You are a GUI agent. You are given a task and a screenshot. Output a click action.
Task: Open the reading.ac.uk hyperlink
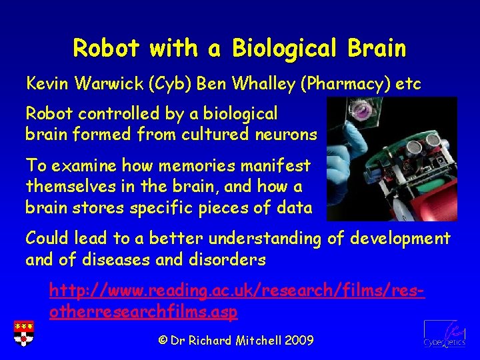coord(237,301)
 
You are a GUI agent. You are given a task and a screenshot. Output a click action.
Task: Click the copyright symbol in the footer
coord(163,341)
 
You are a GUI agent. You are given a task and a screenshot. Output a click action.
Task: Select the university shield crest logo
coord(22,333)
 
